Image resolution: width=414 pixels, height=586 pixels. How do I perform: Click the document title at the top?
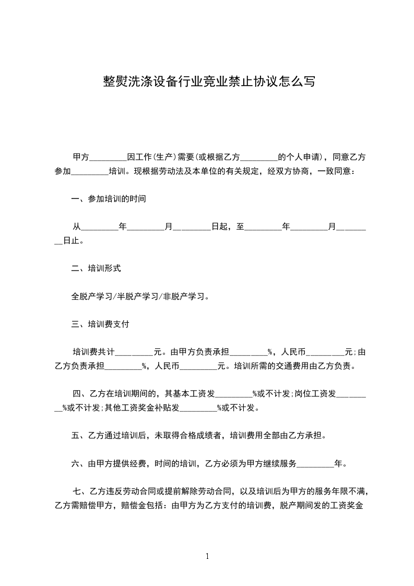click(208, 82)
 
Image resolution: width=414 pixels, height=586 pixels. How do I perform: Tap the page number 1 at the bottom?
click(207, 556)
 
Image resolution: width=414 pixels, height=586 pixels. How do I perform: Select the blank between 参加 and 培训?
click(89, 171)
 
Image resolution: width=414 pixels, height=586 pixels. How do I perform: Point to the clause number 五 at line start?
click(75, 435)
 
